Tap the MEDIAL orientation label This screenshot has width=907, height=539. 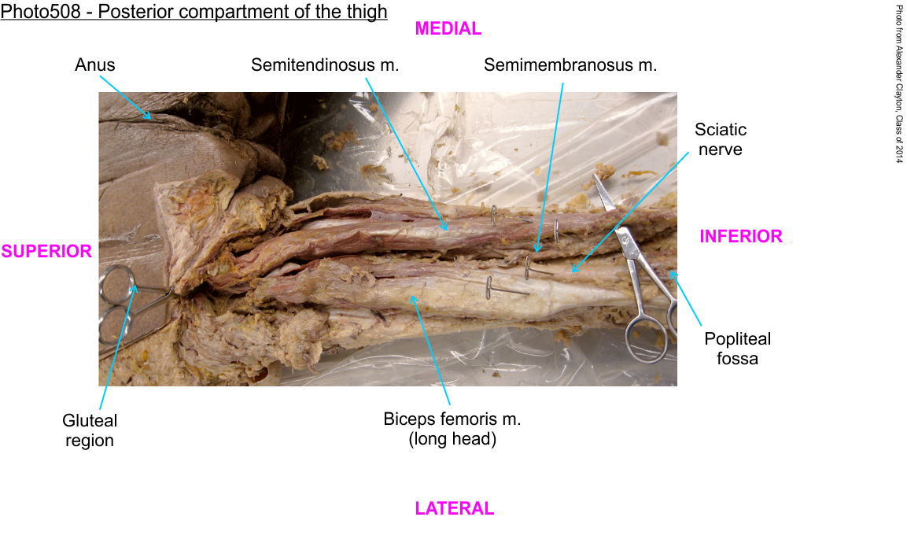coord(448,29)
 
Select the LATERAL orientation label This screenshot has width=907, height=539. coord(454,508)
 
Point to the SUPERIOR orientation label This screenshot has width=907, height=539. coord(46,251)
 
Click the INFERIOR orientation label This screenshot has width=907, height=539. coord(741,236)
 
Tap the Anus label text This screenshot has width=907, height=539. coord(94,65)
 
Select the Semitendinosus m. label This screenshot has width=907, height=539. coord(325,65)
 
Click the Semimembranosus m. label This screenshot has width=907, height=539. coord(570,65)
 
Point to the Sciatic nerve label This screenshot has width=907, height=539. coord(721,138)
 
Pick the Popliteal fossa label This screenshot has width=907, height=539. coord(737,349)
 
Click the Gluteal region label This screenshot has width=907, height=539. coord(90,430)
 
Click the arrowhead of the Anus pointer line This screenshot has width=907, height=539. coord(150,118)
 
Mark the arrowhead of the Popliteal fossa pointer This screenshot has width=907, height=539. coord(671,272)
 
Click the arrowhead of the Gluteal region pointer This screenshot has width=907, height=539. coord(136,286)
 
